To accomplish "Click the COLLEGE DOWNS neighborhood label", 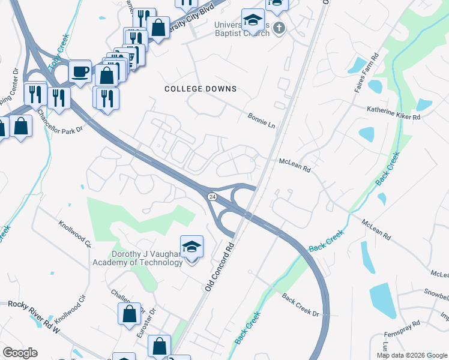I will [200, 89].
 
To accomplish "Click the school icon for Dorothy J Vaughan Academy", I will [191, 247].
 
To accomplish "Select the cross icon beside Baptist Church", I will [278, 28].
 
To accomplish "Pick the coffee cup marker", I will [80, 72].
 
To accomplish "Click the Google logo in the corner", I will [20, 353].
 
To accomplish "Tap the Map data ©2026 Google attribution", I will [412, 355].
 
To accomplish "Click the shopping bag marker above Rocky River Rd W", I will [129, 314].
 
